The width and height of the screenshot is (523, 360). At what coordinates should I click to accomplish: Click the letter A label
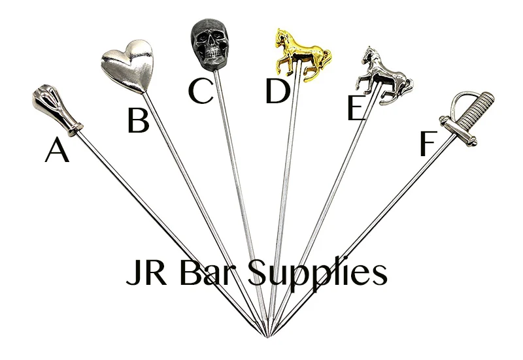coord(57,152)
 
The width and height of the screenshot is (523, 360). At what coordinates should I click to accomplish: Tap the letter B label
coord(138,120)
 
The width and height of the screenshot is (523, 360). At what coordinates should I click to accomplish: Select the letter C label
coord(200,91)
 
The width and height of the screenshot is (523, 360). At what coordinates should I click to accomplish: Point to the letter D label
coord(278,91)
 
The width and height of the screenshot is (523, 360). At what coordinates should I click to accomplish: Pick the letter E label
coord(355,108)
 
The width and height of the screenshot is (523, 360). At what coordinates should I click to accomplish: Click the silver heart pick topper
coord(128,63)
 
